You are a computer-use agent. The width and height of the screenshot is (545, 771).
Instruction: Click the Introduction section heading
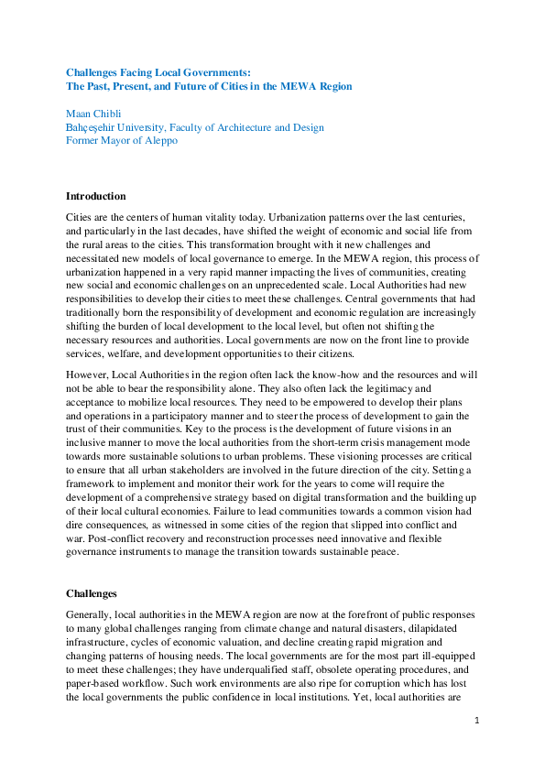[95, 196]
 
